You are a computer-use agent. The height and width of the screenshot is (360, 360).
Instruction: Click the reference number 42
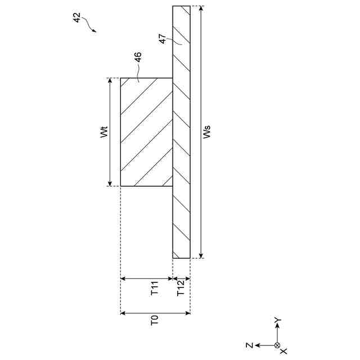click(77, 17)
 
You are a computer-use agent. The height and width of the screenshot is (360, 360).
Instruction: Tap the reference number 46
click(138, 57)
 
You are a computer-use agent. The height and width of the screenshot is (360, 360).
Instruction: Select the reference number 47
click(162, 39)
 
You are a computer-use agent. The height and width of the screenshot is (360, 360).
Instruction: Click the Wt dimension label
click(104, 132)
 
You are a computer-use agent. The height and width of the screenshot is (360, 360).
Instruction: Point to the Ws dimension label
click(206, 132)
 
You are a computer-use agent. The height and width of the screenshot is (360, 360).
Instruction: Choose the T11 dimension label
click(155, 288)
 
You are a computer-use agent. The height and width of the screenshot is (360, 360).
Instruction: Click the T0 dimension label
click(155, 320)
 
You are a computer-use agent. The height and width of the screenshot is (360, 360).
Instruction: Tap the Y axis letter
click(278, 320)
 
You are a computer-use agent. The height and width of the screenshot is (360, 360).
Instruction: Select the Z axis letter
click(249, 345)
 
